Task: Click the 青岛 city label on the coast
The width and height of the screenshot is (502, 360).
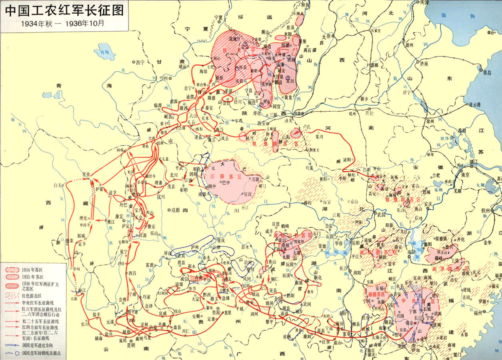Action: pyautogui.click(x=486, y=73)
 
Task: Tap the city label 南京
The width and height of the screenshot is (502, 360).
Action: pyautogui.click(x=465, y=175)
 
